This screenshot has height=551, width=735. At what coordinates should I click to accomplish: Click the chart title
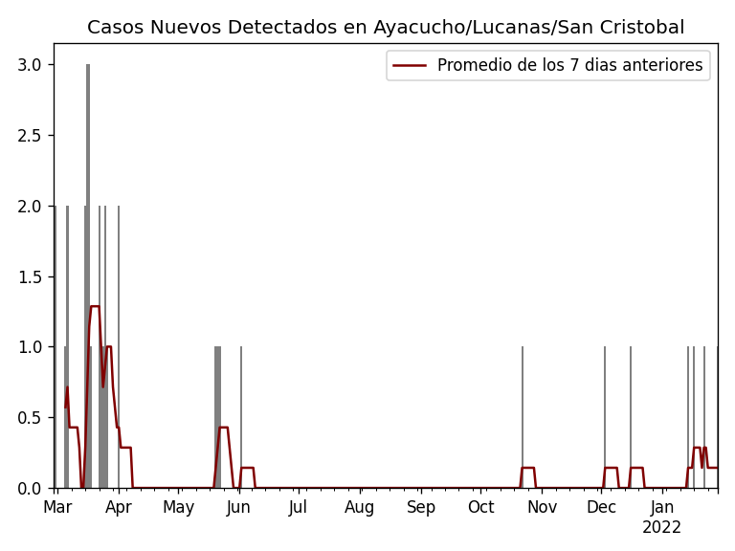386,28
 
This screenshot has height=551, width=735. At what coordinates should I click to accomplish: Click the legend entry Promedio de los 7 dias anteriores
569,65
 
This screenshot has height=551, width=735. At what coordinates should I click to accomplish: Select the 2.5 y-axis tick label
30,136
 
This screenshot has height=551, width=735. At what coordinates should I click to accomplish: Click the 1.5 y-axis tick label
30,276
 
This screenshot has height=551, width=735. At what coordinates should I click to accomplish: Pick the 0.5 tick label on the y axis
30,418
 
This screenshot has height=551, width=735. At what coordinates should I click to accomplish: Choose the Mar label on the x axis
57,508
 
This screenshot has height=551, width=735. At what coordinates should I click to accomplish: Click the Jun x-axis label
239,508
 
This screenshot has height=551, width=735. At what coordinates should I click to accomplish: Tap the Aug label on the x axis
360,508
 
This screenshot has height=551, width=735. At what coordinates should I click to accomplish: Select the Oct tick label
480,508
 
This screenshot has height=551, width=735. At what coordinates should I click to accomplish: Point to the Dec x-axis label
601,508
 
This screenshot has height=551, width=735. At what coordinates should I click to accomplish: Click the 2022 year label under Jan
661,528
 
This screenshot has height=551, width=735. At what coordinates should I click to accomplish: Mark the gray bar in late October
523,417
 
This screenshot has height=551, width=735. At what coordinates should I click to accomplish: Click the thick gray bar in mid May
218,417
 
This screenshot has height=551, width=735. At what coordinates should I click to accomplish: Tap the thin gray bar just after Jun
241,417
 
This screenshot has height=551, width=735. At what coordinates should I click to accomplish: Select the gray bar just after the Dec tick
605,417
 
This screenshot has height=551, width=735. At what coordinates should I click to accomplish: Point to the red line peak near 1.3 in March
95,306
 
